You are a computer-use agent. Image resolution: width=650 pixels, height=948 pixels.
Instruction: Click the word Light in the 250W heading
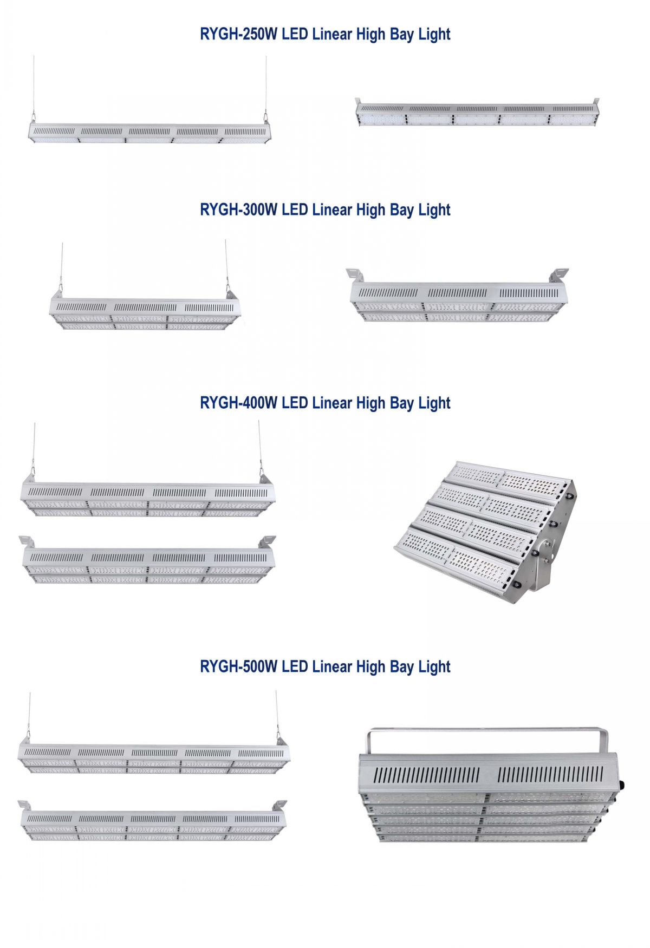coord(434,35)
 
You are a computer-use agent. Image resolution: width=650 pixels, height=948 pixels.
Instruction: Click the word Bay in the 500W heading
coord(401,667)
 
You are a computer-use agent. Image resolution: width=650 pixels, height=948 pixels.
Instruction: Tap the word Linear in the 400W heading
coord(332,403)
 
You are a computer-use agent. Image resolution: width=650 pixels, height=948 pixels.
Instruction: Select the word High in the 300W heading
coord(370,210)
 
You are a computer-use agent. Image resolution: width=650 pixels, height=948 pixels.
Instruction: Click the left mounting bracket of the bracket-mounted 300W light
coord(355,274)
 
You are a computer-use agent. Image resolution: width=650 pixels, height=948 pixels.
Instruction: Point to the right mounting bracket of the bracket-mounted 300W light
coord(559,274)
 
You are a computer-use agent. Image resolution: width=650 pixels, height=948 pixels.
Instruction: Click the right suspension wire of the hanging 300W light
coord(226,265)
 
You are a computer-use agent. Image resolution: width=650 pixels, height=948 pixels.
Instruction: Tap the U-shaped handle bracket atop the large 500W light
coord(487,732)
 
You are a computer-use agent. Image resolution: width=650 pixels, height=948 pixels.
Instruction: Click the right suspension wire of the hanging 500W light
coord(277,715)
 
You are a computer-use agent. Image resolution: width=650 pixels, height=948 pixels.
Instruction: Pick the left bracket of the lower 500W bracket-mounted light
coord(24,806)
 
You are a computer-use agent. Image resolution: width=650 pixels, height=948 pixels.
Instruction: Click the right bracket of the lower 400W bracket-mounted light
coord(267,542)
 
